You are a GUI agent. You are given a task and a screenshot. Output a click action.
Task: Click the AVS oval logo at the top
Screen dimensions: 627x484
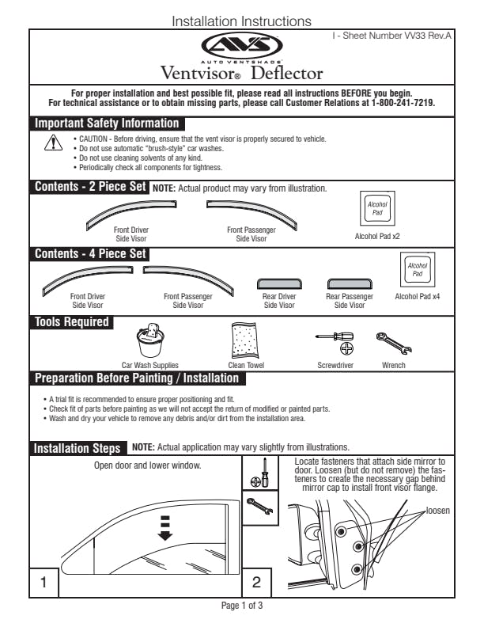(x=241, y=46)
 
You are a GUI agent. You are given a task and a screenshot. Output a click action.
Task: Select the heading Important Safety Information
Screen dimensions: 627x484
(x=106, y=123)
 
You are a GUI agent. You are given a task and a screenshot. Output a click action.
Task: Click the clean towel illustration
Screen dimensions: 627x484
(x=246, y=341)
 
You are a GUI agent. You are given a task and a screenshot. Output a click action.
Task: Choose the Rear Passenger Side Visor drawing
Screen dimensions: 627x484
(x=349, y=283)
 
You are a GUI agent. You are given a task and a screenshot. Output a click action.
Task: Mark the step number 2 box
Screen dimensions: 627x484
(x=256, y=582)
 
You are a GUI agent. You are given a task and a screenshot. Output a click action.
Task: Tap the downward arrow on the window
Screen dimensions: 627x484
(x=165, y=528)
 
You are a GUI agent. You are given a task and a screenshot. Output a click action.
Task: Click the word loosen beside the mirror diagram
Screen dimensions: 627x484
(x=437, y=511)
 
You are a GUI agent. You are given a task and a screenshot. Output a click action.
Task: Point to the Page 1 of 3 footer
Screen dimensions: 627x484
(x=241, y=606)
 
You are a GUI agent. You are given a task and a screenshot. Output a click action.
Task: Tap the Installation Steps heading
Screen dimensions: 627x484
(x=78, y=448)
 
